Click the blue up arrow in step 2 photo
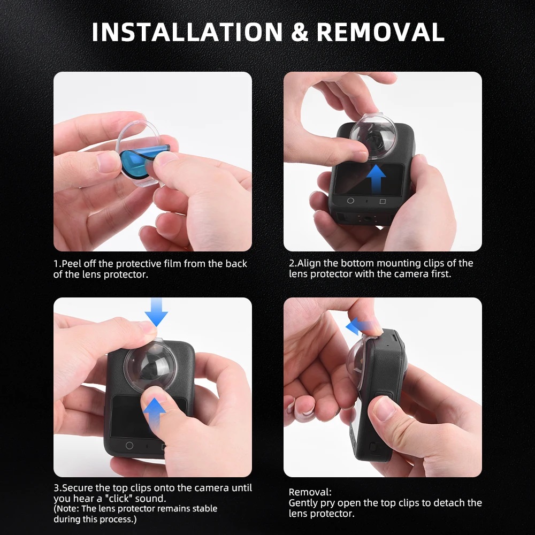[x=378, y=178]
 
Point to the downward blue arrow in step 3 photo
[x=156, y=313]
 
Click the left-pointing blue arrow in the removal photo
[x=358, y=324]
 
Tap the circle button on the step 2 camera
[x=350, y=201]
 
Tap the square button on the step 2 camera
[x=383, y=202]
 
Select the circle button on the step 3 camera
[x=129, y=445]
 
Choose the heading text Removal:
[x=310, y=492]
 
